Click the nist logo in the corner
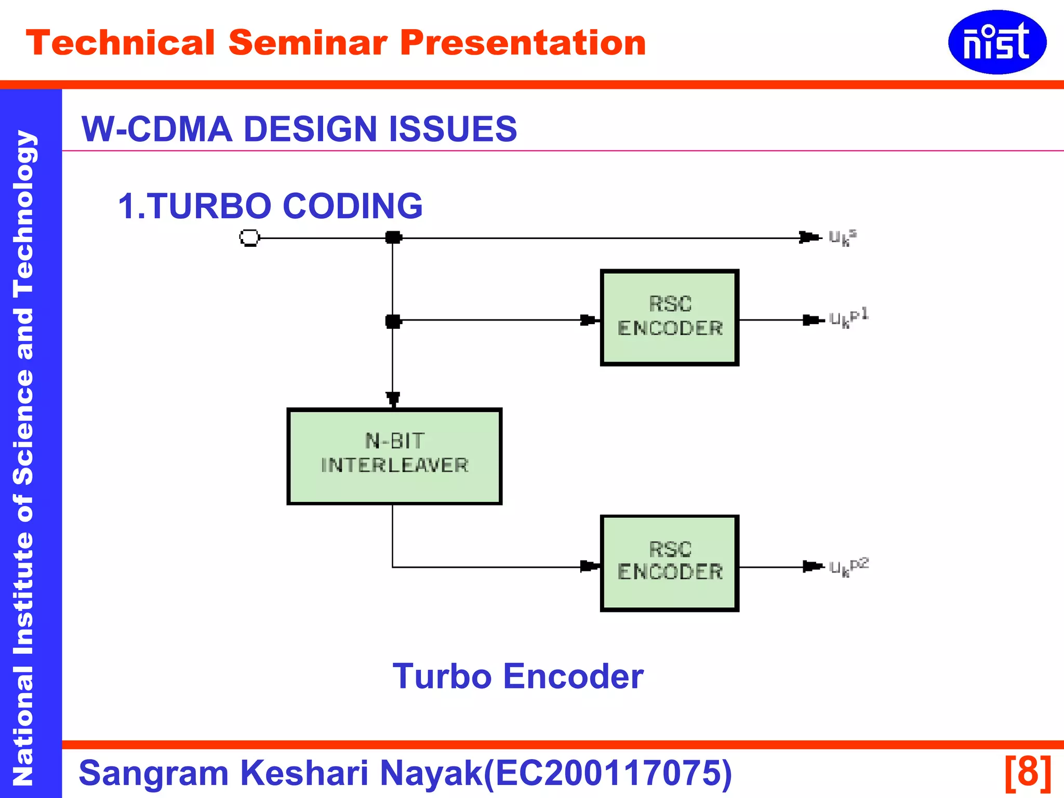point(996,42)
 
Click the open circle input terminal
point(249,238)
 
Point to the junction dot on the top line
point(393,238)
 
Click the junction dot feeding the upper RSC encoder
point(393,321)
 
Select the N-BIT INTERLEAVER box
point(394,456)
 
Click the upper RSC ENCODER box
point(669,317)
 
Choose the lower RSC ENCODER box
point(669,563)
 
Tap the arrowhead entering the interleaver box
point(393,399)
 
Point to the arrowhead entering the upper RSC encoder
point(589,320)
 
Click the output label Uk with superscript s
point(842,238)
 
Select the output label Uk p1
point(848,318)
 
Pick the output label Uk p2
point(848,567)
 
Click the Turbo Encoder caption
point(517,676)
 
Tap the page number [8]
point(1028,773)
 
